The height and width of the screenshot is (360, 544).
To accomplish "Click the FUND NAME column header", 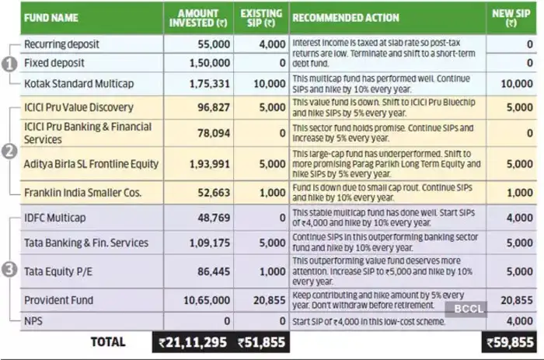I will (54, 17).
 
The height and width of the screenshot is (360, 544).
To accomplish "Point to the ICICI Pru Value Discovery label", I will (78, 107).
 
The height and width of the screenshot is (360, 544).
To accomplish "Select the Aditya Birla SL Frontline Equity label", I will (92, 163).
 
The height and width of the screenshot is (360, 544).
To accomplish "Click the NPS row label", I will (35, 320).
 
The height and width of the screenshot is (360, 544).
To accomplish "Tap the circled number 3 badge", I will (9, 271).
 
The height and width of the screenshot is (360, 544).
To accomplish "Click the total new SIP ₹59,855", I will (511, 342).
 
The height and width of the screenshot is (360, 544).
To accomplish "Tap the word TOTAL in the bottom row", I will (109, 342).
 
